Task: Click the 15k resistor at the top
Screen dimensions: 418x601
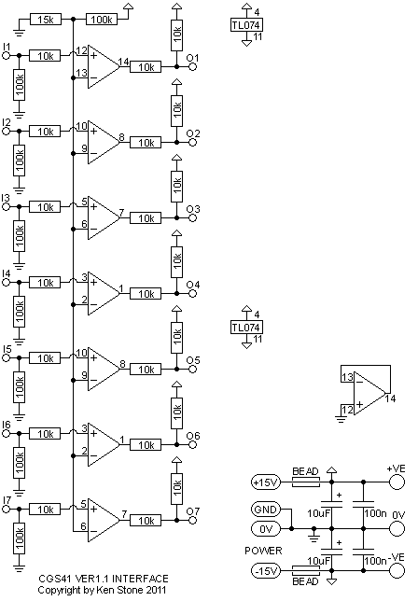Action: click(x=46, y=20)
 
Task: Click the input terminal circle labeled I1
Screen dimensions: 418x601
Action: click(x=6, y=56)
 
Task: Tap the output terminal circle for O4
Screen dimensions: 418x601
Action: click(x=193, y=294)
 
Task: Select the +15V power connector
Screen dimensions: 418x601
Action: click(x=266, y=482)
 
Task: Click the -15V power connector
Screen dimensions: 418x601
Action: click(x=266, y=571)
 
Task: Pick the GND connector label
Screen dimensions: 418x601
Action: click(x=266, y=510)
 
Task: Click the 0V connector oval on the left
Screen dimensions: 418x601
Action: click(x=266, y=529)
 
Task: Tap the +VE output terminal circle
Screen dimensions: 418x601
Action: click(x=397, y=482)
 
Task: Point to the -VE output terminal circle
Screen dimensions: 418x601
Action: click(x=397, y=571)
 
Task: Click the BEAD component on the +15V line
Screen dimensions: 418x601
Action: click(x=305, y=482)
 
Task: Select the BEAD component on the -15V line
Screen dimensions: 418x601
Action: click(x=305, y=571)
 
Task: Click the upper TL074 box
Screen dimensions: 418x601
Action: click(x=246, y=25)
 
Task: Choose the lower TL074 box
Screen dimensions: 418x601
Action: click(x=246, y=328)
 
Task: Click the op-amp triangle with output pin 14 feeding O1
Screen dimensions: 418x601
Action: click(x=104, y=66)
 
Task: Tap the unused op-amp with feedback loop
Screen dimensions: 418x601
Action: click(x=369, y=393)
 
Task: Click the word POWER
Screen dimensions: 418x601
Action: click(x=263, y=551)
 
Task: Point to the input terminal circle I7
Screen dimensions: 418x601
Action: click(x=6, y=509)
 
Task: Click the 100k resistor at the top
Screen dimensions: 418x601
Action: click(x=102, y=20)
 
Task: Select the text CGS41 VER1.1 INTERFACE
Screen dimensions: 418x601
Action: click(x=104, y=579)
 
